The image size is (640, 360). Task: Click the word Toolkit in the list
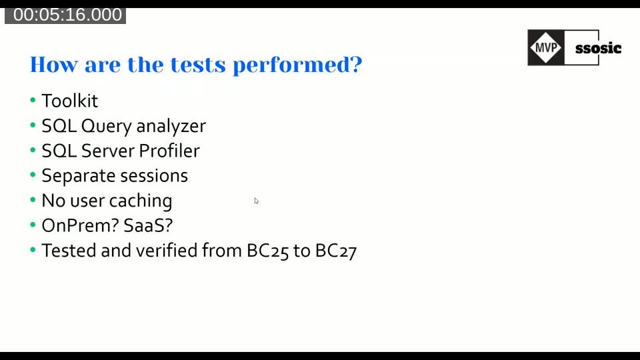69,101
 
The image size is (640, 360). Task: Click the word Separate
74,176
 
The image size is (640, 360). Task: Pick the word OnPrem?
80,225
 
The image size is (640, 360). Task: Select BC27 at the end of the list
336,251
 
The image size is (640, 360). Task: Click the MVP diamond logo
546,47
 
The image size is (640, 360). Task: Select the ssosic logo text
598,48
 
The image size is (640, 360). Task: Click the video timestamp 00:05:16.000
67,15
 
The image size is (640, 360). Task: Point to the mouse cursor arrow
256,201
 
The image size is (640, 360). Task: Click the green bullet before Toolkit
33,101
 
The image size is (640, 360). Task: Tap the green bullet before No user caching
33,201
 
